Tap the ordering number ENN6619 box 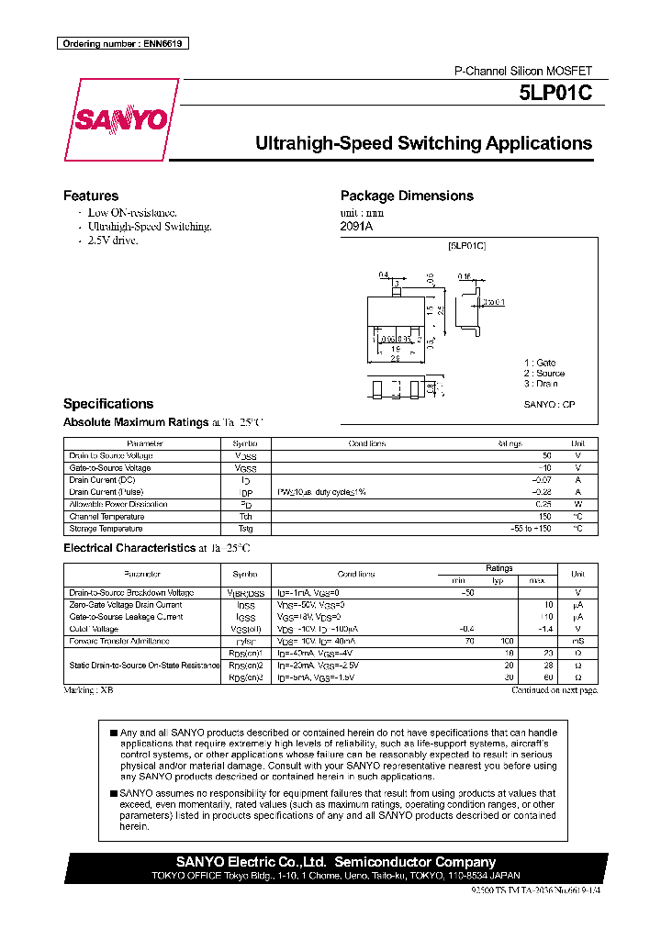pos(123,44)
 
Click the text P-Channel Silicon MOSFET pos(524,71)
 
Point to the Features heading pos(91,196)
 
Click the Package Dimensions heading pos(407,196)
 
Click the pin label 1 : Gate pos(540,364)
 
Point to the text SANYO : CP pos(549,404)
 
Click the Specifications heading pos(108,404)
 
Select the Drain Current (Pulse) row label pos(106,492)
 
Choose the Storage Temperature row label pos(106,529)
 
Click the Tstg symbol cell pos(245,529)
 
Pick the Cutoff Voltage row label pos(94,629)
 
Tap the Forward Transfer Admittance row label pos(118,641)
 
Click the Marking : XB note pos(88,689)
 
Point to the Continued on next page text pos(554,689)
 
